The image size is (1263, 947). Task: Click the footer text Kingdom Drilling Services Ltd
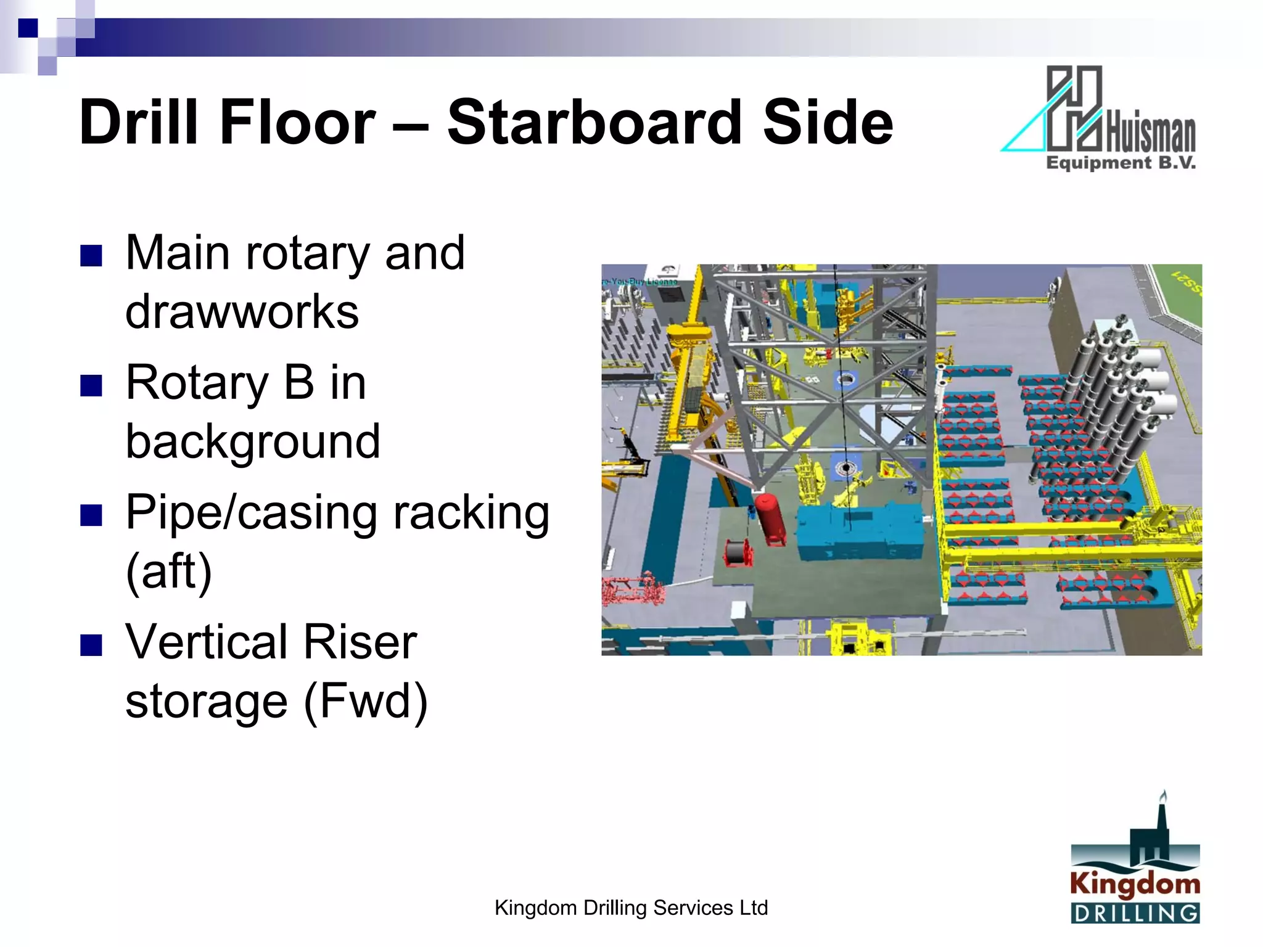(631, 908)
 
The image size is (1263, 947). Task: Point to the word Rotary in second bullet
(197, 383)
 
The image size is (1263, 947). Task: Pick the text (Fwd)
(365, 702)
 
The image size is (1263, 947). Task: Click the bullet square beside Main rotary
(91, 255)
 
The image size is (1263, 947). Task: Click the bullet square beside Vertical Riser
(91, 645)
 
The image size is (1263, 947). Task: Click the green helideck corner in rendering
(1181, 293)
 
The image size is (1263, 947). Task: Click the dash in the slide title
(410, 123)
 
